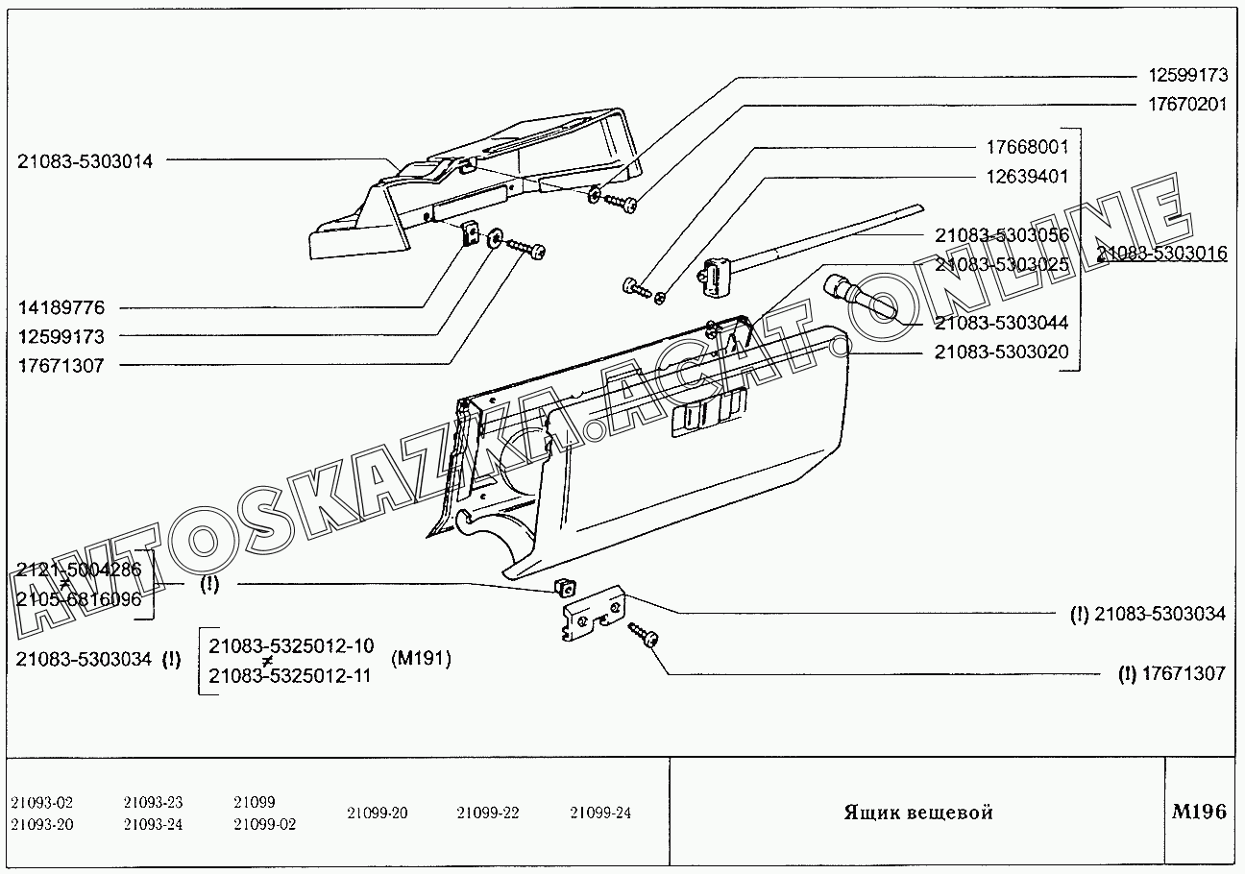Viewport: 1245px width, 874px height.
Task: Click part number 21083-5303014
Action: coord(85,161)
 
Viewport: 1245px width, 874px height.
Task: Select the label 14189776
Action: coord(61,307)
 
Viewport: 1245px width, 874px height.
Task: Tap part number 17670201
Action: coord(1187,104)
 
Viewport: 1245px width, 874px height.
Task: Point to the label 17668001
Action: coord(1027,147)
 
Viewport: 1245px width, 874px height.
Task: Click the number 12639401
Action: coord(1027,176)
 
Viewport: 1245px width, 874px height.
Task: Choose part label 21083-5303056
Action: coord(1002,235)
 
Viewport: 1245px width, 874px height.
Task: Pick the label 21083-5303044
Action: coord(1002,323)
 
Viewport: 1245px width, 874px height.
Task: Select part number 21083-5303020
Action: coord(1002,352)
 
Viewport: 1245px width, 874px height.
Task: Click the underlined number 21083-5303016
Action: coord(1161,253)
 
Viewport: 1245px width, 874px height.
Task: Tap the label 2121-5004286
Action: coord(79,569)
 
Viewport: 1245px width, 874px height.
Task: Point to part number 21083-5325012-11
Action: coord(289,675)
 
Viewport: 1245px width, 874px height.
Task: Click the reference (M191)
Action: coord(421,659)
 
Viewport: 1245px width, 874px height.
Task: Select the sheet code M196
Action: coord(1199,812)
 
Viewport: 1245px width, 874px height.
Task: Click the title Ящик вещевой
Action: coord(918,813)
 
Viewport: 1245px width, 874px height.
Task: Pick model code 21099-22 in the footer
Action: coord(487,813)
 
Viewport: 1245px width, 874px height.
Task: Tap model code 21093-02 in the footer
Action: coord(41,802)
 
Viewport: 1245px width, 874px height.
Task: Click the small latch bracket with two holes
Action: coord(592,613)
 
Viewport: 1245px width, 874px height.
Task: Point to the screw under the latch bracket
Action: coord(643,635)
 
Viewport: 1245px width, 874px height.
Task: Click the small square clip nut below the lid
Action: coord(565,587)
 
